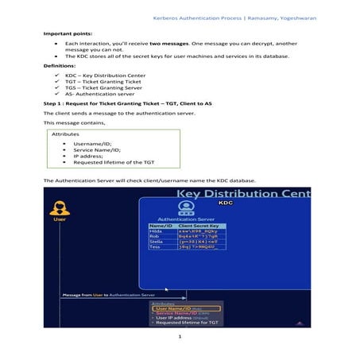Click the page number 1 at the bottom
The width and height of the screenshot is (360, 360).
180,336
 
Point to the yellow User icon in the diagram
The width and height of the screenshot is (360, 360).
59,211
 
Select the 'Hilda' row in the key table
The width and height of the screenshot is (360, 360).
156,232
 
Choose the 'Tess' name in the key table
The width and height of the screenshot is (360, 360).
155,247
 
